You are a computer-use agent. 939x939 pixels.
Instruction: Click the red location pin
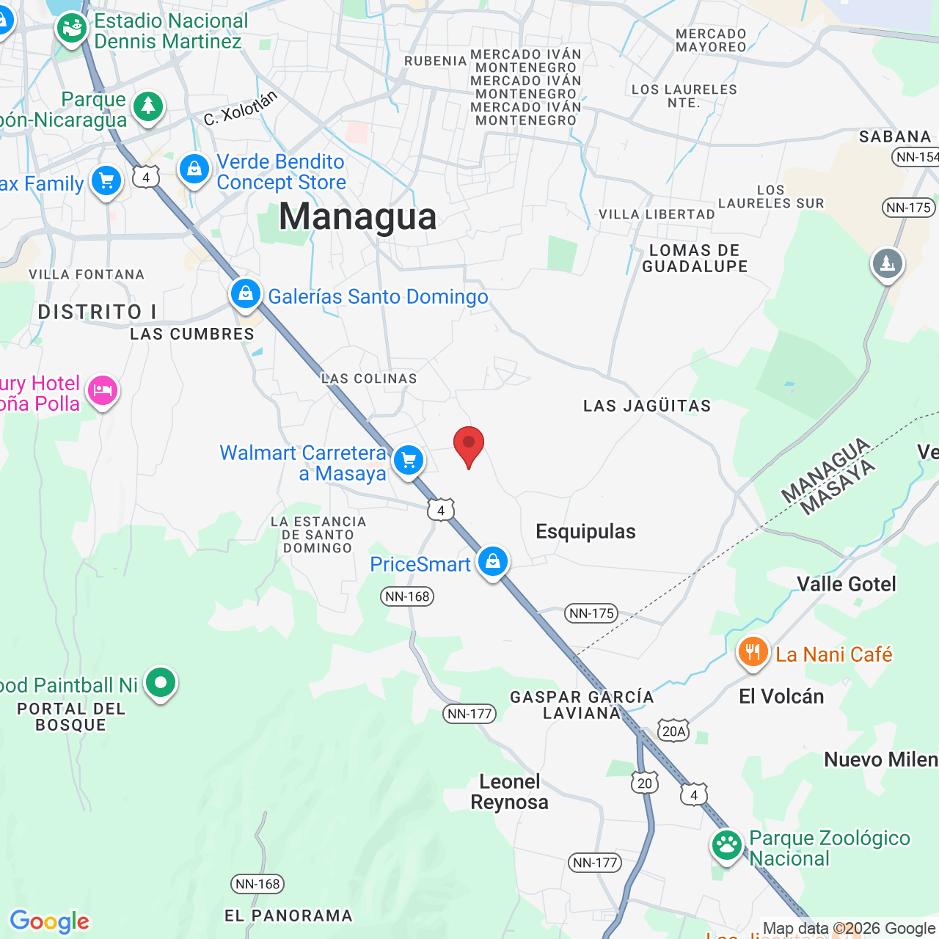click(469, 445)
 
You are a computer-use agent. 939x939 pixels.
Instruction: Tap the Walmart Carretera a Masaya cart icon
click(409, 461)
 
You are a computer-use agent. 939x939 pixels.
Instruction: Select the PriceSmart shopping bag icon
click(492, 561)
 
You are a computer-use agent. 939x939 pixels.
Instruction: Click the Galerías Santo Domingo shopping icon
click(246, 294)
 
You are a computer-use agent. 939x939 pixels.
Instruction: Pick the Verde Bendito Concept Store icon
click(194, 169)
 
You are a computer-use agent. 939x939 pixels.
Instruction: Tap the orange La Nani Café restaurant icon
click(753, 651)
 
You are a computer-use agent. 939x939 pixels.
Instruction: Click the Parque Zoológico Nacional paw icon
click(727, 845)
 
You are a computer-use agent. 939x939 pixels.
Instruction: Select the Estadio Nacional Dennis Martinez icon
click(72, 29)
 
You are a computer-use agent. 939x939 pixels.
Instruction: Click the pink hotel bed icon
click(103, 390)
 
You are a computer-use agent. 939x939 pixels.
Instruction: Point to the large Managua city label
click(358, 216)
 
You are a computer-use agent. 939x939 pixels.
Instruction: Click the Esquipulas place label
click(585, 531)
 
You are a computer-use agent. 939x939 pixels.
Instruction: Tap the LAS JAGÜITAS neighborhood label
click(647, 406)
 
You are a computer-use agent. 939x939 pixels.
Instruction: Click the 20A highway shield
click(673, 731)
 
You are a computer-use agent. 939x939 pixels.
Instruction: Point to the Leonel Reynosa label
click(510, 792)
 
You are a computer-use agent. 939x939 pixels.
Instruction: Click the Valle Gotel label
click(847, 584)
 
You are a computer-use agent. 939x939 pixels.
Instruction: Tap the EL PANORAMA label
click(288, 916)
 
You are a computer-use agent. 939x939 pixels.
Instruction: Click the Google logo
click(50, 921)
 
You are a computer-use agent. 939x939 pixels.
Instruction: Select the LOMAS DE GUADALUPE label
click(695, 258)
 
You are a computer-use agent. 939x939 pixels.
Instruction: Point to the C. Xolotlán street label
click(241, 108)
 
